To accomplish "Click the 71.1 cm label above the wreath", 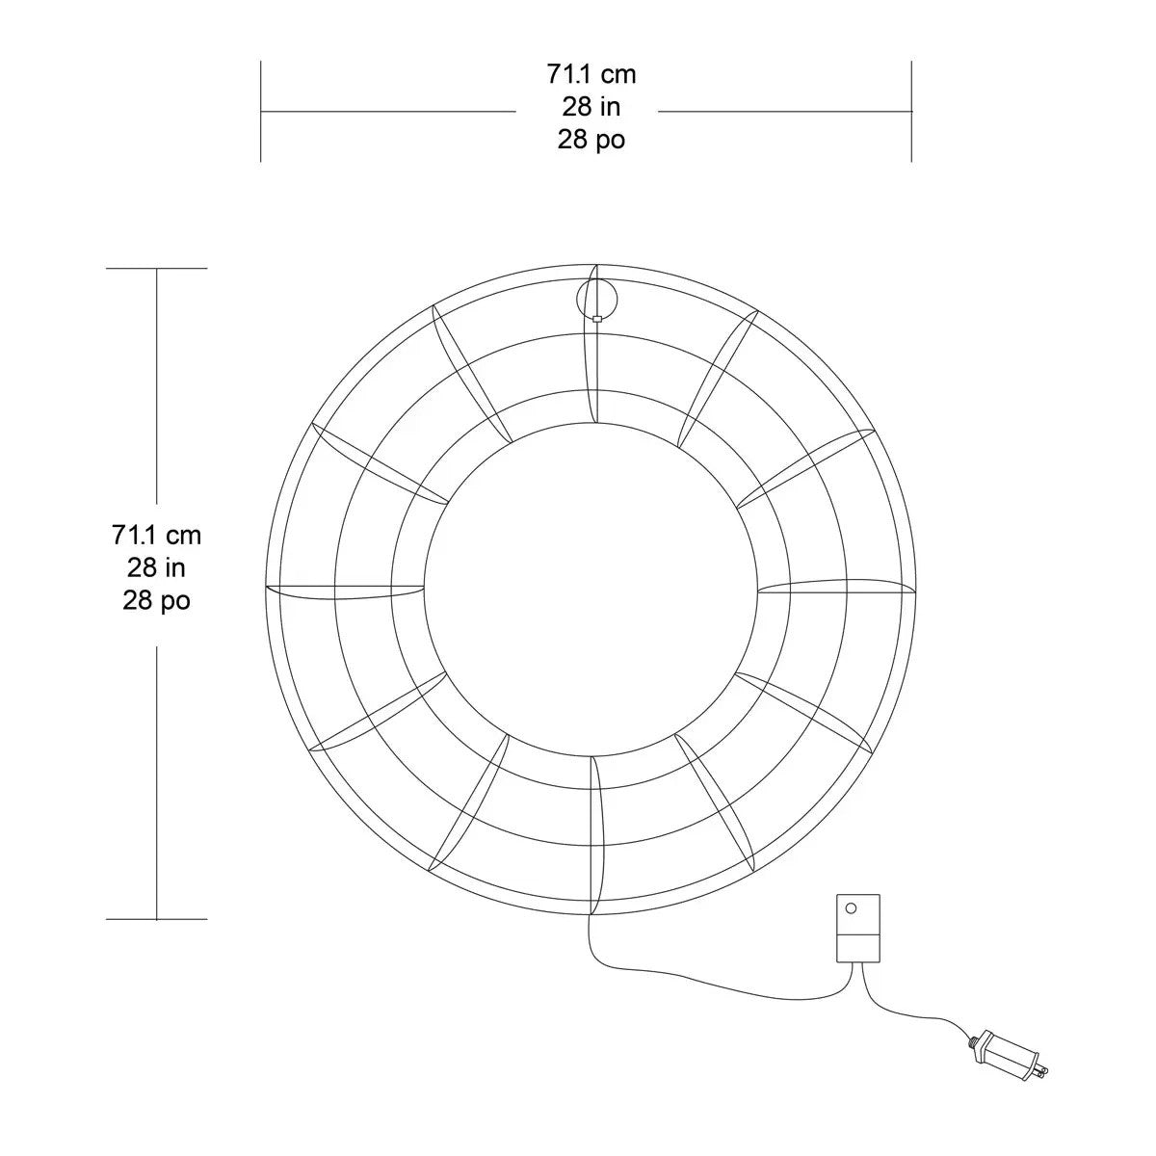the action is pyautogui.click(x=591, y=75).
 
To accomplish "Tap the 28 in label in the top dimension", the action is pyautogui.click(x=591, y=107).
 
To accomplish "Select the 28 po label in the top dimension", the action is pyautogui.click(x=591, y=140).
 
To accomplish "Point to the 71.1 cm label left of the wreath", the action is pyautogui.click(x=156, y=535).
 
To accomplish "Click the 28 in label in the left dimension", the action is pyautogui.click(x=156, y=567).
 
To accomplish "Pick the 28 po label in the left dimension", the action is pyautogui.click(x=156, y=600).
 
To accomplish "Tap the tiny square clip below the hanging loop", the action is pyautogui.click(x=596, y=319).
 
